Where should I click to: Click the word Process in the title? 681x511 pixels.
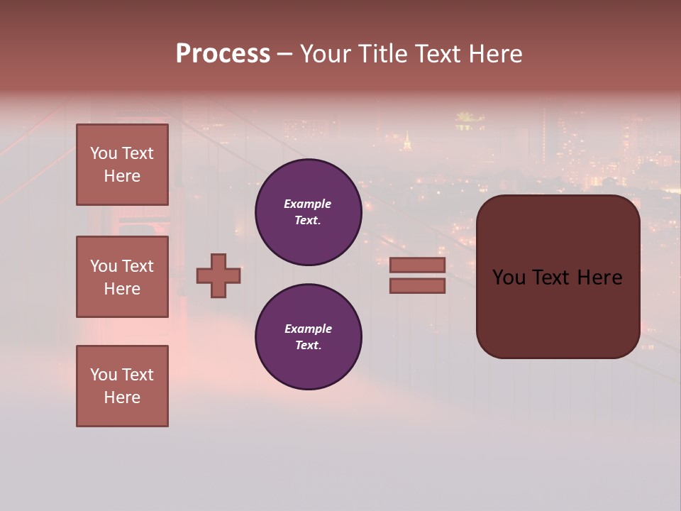point(223,54)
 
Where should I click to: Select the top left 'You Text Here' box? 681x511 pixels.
point(122,165)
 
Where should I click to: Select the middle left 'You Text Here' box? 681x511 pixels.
point(122,277)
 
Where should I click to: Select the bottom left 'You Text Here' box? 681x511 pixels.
point(122,386)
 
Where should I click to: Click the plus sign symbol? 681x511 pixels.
point(218,275)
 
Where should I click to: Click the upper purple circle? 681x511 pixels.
point(309,212)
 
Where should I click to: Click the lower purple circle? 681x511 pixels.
point(309,337)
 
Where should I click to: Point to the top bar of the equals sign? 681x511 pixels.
point(418,265)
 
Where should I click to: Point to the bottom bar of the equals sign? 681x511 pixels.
point(418,285)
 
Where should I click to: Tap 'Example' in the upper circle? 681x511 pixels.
point(308,204)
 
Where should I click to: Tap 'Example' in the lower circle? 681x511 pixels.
point(308,329)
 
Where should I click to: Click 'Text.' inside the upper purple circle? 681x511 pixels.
point(308,221)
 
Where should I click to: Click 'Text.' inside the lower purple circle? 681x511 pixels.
point(308,346)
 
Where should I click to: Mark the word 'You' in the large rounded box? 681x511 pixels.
point(509,278)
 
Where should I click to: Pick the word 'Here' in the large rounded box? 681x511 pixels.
point(599,278)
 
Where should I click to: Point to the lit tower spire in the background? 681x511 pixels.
point(407,141)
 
